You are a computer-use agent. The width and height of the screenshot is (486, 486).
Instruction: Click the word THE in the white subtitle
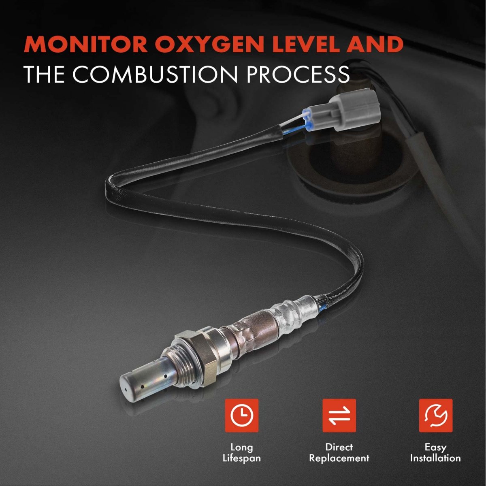click(x=45, y=74)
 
